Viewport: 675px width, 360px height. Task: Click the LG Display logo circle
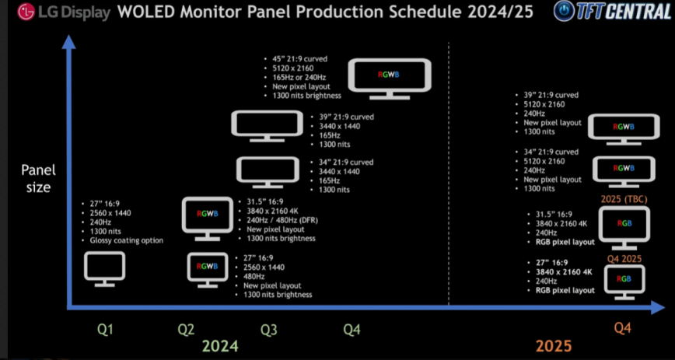click(26, 12)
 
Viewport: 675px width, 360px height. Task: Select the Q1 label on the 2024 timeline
click(106, 330)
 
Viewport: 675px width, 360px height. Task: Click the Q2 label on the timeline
click(187, 330)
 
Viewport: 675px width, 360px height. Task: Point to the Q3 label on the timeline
click(269, 330)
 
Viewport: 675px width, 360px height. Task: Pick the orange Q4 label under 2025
click(622, 329)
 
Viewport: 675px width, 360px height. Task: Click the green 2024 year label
click(220, 346)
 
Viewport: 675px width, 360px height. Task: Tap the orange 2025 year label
click(554, 346)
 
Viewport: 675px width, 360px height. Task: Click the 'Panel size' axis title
click(39, 179)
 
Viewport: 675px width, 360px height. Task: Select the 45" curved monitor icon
click(390, 79)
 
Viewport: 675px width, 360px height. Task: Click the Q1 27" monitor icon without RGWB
click(105, 269)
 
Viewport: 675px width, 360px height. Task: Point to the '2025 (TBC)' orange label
click(624, 200)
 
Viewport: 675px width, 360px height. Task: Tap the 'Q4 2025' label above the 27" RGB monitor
click(624, 259)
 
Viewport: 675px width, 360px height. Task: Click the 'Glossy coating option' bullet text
click(127, 241)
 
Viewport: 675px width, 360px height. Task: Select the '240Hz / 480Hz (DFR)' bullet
click(282, 220)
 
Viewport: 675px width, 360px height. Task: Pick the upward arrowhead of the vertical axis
click(69, 42)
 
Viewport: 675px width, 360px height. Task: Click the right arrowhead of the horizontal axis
click(658, 307)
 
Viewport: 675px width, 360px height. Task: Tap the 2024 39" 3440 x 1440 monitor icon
click(267, 126)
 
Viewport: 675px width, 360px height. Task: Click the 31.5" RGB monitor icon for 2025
click(624, 228)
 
